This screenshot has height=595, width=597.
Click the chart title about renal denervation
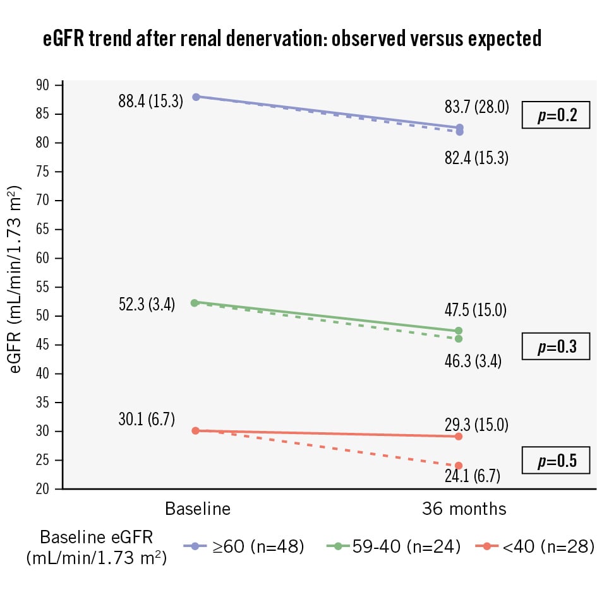click(x=292, y=39)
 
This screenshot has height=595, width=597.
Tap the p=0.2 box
click(x=555, y=115)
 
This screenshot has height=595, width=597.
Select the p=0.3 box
click(x=555, y=347)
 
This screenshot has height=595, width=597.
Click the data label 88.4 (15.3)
click(x=150, y=101)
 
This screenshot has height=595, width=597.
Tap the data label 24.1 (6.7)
click(x=473, y=476)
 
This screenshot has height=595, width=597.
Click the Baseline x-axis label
click(x=198, y=509)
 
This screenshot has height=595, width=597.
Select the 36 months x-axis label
click(x=464, y=509)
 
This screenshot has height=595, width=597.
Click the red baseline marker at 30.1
click(x=195, y=431)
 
